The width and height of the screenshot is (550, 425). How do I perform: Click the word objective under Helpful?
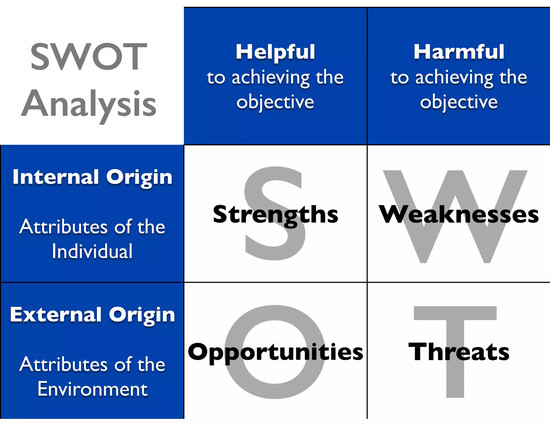[x=275, y=102]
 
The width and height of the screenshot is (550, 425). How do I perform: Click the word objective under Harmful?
[x=459, y=102]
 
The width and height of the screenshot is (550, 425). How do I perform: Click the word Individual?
[x=92, y=251]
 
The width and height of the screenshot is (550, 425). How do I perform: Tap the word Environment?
[x=92, y=389]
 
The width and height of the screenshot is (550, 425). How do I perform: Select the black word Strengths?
[x=275, y=214]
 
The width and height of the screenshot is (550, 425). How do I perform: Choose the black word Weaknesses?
[x=459, y=214]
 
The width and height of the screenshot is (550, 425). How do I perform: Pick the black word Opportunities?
[x=275, y=352]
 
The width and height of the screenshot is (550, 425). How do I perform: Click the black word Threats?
[x=459, y=352]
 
